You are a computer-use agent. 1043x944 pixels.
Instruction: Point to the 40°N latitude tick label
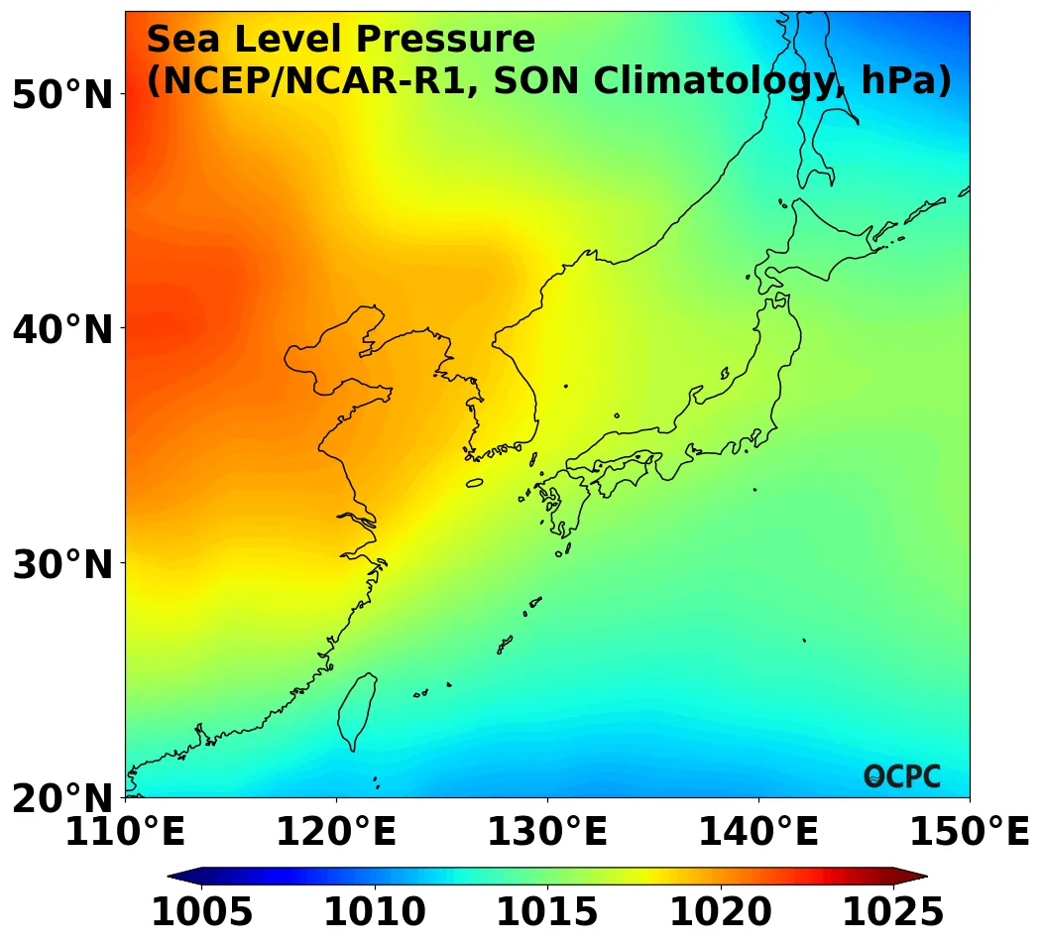click(62, 328)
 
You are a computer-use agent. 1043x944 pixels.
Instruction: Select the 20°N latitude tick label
click(62, 798)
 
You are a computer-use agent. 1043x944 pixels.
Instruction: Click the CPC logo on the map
click(902, 776)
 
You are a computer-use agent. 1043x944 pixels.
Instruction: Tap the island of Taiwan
click(356, 710)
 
